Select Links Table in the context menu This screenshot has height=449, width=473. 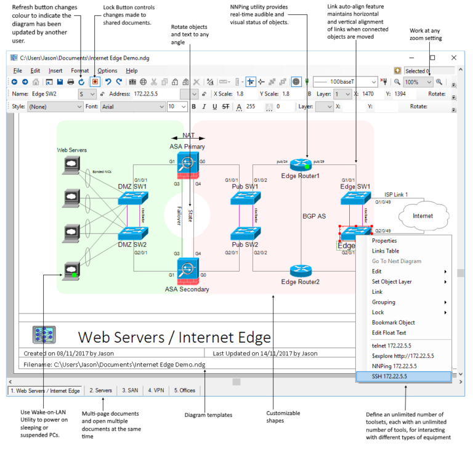tap(386, 251)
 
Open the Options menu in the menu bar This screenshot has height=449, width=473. tap(107, 71)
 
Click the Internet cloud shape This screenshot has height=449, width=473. tap(422, 216)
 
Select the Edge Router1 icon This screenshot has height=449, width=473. tap(301, 164)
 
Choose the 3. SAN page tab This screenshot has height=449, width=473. tap(130, 390)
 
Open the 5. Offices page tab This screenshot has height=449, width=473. tap(184, 390)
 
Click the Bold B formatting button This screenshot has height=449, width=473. tap(193, 107)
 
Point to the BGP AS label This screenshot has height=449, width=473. tap(314, 216)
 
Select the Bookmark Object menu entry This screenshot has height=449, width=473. tap(394, 322)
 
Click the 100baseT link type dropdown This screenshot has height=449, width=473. tap(346, 82)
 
